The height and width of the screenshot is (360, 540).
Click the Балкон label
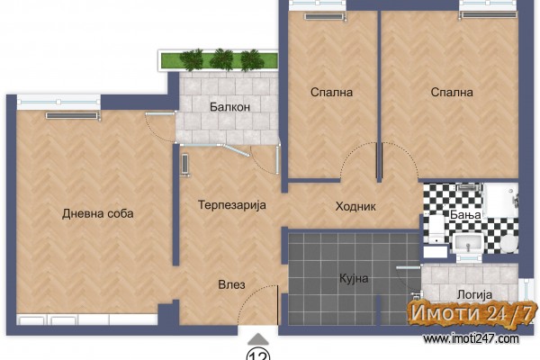229,107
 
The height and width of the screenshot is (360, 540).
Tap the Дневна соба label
98,213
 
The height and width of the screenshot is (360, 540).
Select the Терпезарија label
232,205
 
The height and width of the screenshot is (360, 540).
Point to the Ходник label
355,206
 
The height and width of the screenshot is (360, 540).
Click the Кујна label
354,278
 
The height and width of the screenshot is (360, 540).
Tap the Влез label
232,284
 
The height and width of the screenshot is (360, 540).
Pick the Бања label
465,214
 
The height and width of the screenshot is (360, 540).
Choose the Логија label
474,295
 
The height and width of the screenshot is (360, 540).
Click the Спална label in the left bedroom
331,93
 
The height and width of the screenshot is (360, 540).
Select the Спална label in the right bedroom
452,93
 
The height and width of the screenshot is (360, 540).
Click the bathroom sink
468,243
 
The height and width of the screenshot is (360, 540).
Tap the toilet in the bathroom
436,229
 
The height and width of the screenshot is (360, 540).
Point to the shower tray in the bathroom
500,201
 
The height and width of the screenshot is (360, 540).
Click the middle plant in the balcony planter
221,60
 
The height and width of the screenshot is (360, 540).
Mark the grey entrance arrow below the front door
258,339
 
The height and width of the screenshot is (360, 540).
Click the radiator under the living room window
72,116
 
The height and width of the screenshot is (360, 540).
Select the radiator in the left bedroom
324,16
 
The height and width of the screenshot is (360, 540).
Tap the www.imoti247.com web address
471,339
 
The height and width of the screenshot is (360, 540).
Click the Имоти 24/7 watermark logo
472,313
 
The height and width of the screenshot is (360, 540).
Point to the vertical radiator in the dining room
184,165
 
